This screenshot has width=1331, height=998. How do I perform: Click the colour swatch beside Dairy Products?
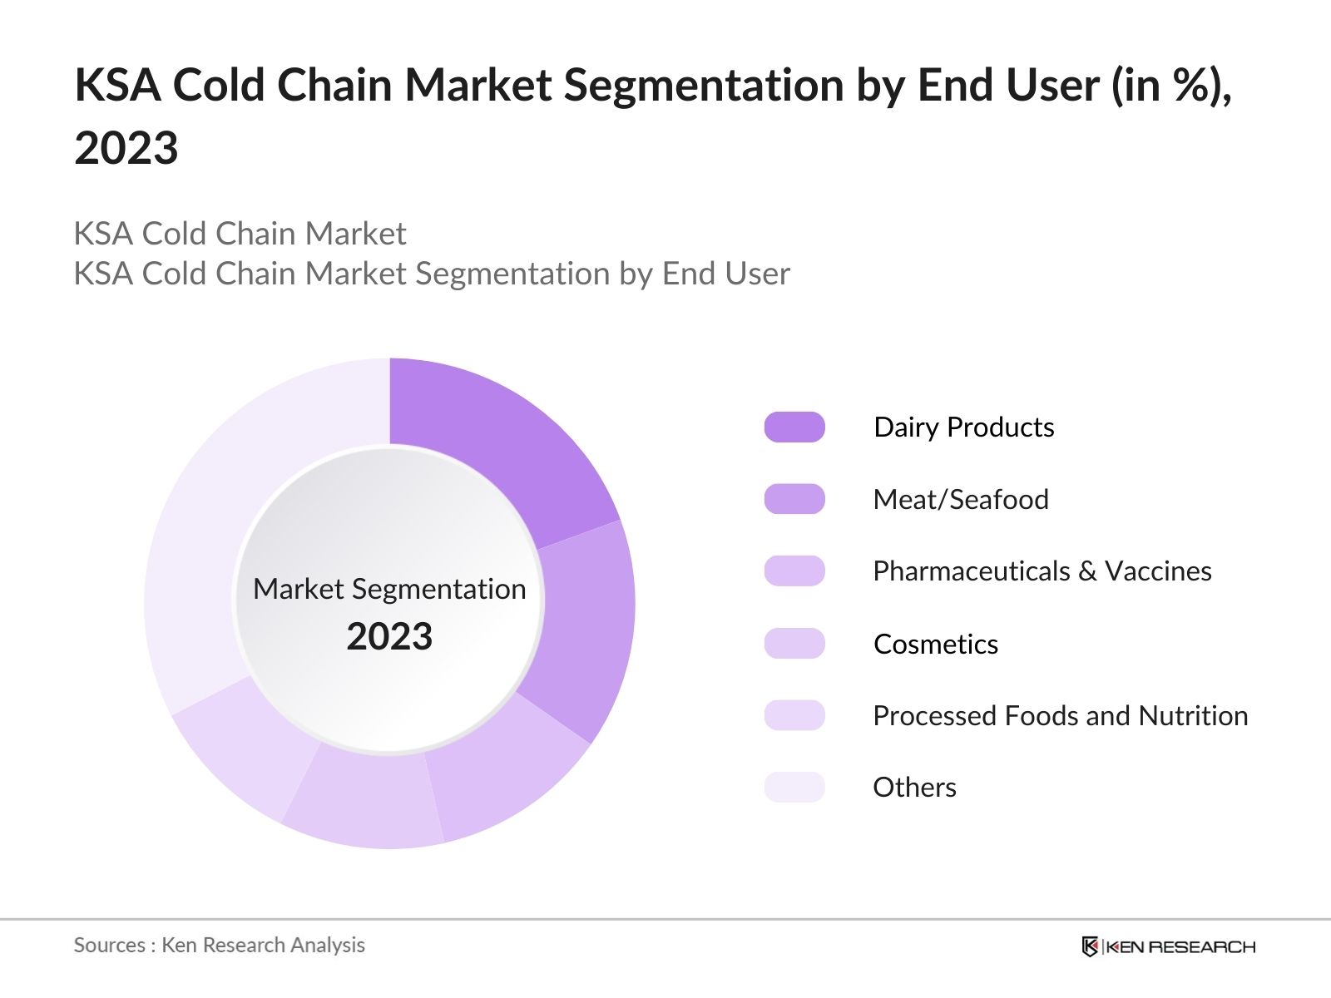coord(794,427)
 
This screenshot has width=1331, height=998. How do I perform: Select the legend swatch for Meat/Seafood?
coord(794,499)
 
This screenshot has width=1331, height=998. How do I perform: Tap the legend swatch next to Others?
coord(794,787)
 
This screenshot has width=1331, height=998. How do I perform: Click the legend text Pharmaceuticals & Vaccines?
coord(1042,571)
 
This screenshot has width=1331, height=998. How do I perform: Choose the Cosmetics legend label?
coord(936,644)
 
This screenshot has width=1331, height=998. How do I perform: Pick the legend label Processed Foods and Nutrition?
coord(1060,715)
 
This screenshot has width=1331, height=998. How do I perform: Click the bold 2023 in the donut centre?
coord(389,637)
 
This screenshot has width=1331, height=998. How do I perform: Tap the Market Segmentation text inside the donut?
coord(389,589)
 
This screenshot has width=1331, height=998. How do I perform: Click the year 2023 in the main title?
coord(126,149)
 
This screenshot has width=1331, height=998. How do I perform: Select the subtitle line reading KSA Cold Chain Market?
coord(240,234)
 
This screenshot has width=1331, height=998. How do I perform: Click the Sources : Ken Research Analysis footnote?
coord(219,945)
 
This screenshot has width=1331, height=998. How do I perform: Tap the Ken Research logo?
coord(1168,946)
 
